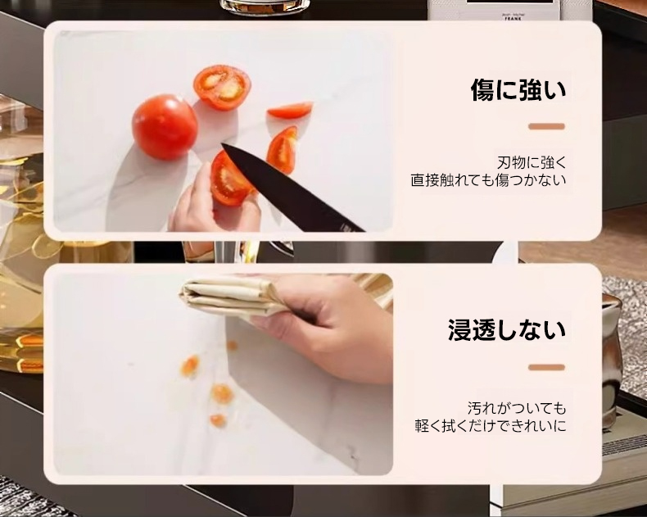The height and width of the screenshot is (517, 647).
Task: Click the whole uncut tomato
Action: [165, 126]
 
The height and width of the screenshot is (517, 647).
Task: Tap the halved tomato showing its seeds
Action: [223, 88]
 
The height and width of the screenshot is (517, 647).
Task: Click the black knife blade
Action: [293, 188]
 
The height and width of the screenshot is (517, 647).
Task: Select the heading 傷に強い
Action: [518, 89]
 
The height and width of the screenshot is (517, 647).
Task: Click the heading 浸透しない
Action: [507, 330]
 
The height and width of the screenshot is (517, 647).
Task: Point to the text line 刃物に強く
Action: [532, 163]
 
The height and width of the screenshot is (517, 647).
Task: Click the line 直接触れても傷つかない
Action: [488, 180]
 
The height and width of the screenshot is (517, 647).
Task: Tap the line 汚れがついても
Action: [517, 408]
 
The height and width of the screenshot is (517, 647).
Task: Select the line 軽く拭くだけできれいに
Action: [491, 426]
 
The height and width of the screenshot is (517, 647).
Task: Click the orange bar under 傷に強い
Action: [547, 126]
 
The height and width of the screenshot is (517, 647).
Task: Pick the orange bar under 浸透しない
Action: [547, 367]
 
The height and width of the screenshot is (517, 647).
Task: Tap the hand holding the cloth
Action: [326, 326]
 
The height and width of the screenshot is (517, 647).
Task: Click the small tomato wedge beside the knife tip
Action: [283, 149]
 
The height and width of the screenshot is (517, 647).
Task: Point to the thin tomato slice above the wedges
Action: [290, 110]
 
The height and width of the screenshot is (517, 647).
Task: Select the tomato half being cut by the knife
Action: [229, 179]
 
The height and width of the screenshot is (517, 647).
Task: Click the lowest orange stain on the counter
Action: [218, 420]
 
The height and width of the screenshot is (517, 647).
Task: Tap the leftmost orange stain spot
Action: [190, 365]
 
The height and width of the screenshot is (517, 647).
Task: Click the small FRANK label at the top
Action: [513, 18]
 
